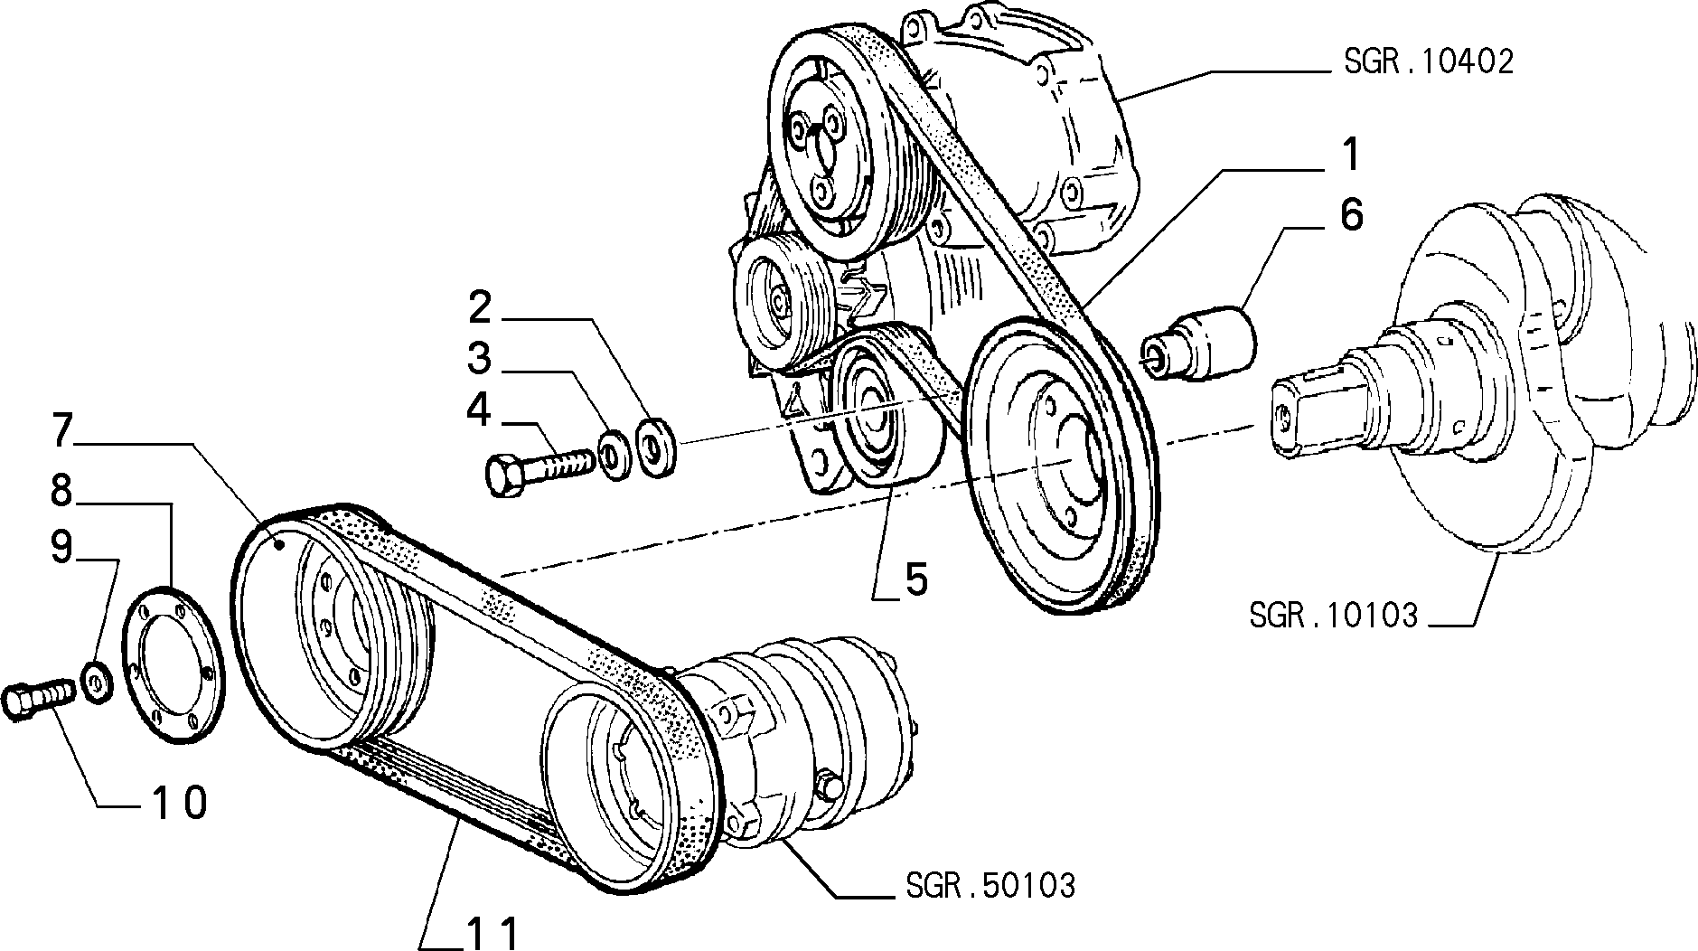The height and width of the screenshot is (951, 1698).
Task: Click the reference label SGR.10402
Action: (x=1428, y=61)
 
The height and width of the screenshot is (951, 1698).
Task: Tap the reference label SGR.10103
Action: (x=1334, y=616)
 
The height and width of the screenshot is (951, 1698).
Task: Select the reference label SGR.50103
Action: (x=990, y=885)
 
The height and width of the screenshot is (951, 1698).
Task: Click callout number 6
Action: (x=1350, y=216)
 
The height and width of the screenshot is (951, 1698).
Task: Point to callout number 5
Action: (x=916, y=579)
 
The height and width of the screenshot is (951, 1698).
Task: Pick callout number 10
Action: (x=179, y=803)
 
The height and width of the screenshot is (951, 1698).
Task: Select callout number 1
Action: (x=1350, y=155)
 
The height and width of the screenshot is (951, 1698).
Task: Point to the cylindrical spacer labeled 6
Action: (x=1198, y=345)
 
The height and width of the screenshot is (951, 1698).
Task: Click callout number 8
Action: (x=61, y=493)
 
